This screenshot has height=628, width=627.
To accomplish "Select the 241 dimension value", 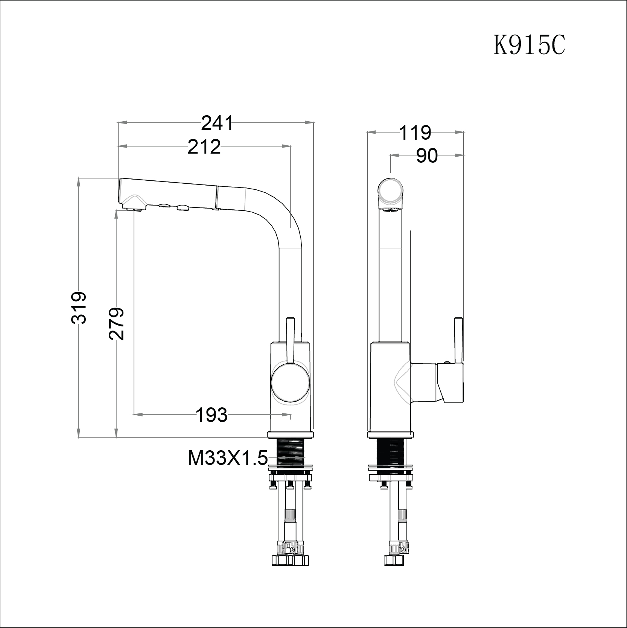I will click(x=217, y=123).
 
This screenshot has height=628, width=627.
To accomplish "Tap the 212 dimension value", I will click(x=204, y=147).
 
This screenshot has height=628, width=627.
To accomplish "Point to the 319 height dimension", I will click(x=79, y=307).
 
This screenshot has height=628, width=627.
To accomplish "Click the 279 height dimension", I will click(x=117, y=324).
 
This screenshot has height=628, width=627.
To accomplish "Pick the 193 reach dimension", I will click(x=212, y=415).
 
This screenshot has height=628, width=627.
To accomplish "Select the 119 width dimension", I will click(x=415, y=133).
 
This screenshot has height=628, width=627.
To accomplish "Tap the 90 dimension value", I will click(x=427, y=155).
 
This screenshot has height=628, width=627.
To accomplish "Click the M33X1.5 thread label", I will click(x=227, y=459).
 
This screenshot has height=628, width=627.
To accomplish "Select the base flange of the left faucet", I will click(x=290, y=435).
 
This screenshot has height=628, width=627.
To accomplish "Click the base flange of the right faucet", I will click(x=391, y=435).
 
